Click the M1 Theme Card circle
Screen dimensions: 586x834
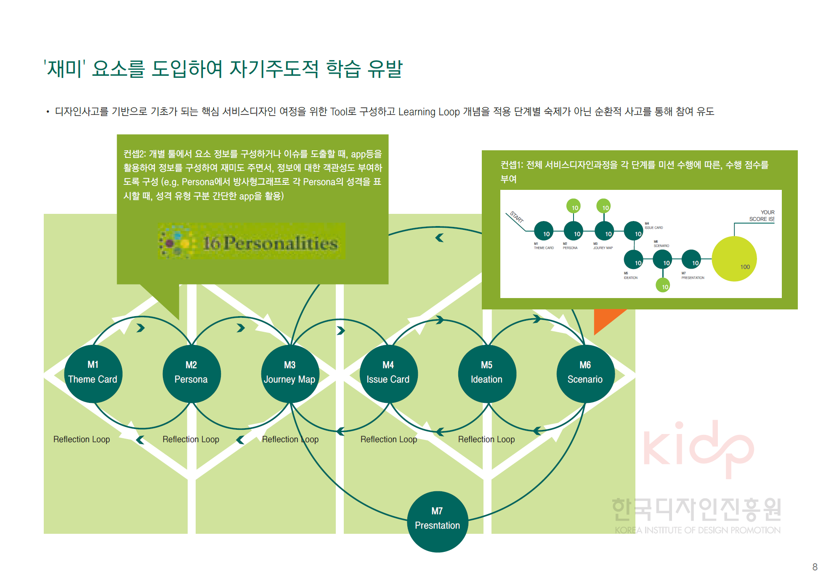[x=93, y=373]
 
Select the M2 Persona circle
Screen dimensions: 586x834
[x=191, y=373]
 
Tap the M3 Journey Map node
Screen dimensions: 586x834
[x=290, y=373]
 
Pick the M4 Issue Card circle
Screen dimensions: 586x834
[x=388, y=373]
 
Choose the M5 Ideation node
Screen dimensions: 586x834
[x=486, y=373]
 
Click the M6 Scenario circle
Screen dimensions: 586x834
[x=585, y=373]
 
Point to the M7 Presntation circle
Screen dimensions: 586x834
[x=437, y=521]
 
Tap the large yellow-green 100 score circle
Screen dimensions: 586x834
[x=734, y=258]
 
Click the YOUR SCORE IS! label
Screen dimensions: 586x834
[x=762, y=216]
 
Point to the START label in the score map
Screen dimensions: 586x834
[x=517, y=217]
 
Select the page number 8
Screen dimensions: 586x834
[x=815, y=567]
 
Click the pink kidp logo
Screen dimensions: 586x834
[x=698, y=449]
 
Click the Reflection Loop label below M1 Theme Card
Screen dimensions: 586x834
[x=82, y=439]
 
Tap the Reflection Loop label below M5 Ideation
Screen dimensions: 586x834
[x=486, y=439]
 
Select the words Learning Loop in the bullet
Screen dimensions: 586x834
[x=429, y=112]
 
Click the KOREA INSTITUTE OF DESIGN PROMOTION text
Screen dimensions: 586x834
[x=698, y=530]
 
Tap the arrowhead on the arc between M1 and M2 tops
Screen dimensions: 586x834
[x=141, y=328]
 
